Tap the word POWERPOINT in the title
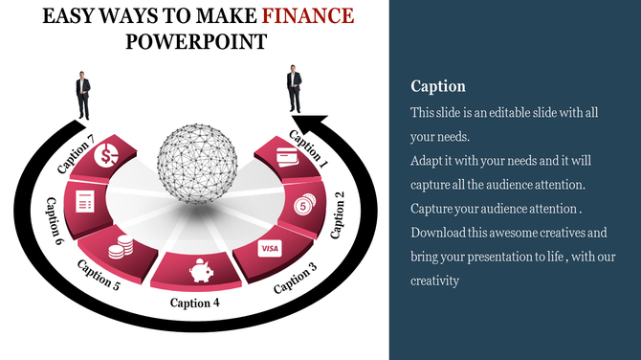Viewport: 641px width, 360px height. (x=196, y=41)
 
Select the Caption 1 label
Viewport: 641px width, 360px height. (x=308, y=149)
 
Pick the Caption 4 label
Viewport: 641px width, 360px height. (x=195, y=304)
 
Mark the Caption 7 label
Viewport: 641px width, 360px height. (x=77, y=155)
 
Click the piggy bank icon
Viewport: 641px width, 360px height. (x=201, y=273)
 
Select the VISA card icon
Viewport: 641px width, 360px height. (x=269, y=249)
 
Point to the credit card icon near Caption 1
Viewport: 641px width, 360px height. (x=285, y=156)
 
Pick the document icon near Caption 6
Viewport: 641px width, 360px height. (x=84, y=201)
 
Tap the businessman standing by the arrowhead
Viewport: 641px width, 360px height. (x=294, y=89)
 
